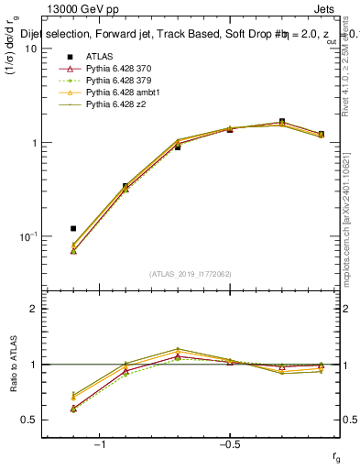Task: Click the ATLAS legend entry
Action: click(98, 57)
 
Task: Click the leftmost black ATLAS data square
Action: click(73, 228)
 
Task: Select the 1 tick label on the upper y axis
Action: click(35, 143)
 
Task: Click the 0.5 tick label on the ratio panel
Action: click(30, 420)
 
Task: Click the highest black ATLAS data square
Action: click(282, 122)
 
